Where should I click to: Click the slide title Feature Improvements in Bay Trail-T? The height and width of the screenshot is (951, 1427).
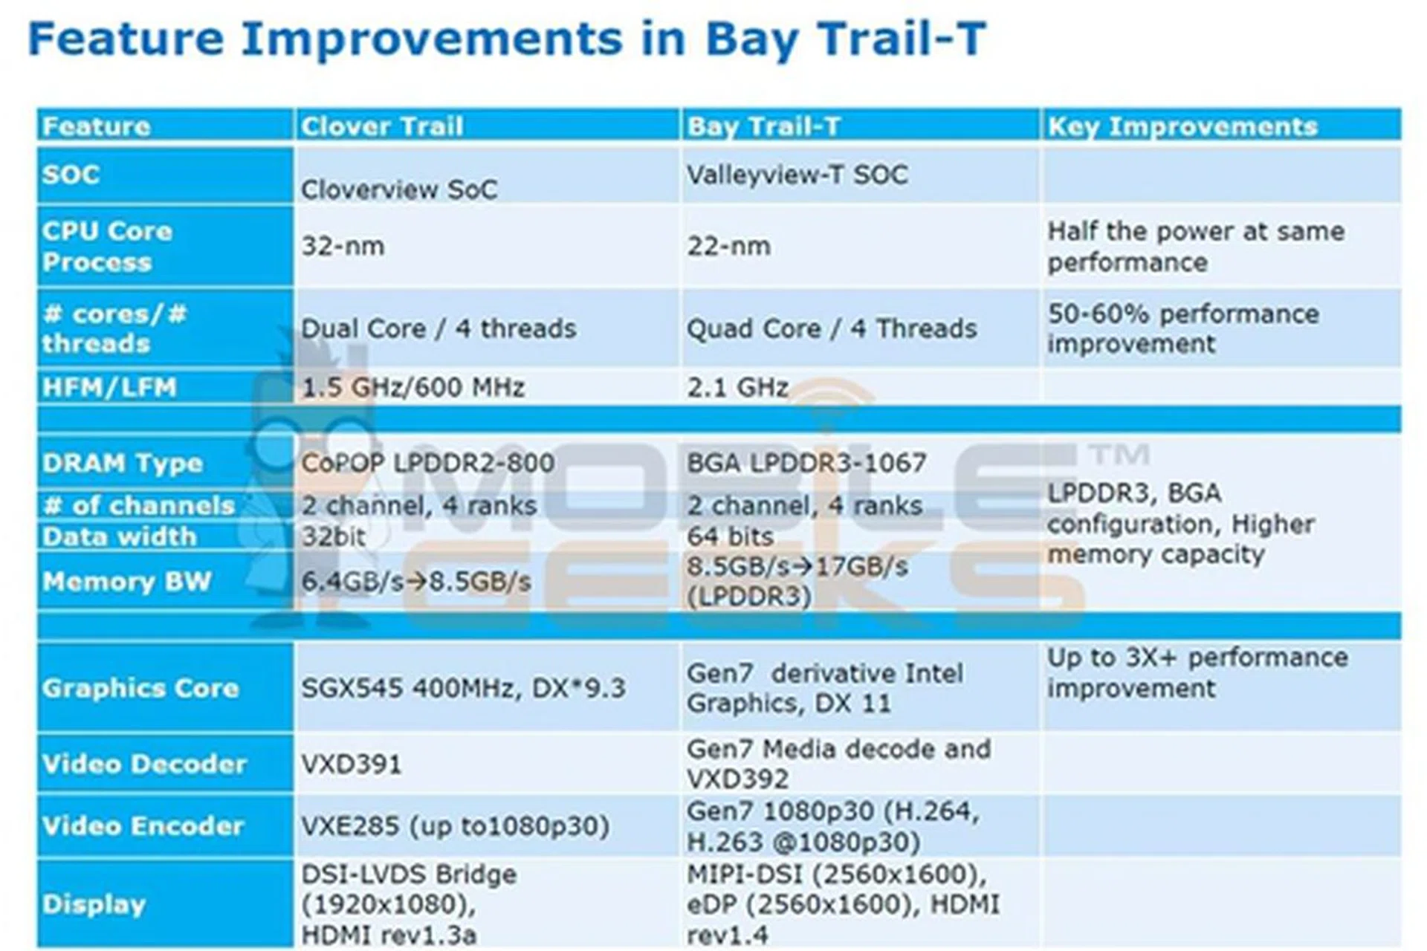tap(507, 39)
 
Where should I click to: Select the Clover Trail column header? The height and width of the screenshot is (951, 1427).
tap(382, 126)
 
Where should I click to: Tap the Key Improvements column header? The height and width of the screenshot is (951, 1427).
tap(1182, 127)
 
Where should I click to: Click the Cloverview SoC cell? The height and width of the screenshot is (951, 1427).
tap(399, 189)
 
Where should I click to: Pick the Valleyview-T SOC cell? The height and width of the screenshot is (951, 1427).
tap(797, 175)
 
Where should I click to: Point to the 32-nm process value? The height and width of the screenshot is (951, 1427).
tap(343, 246)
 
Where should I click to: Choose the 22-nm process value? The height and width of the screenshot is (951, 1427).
tap(728, 246)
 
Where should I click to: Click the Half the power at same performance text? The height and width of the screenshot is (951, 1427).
tap(1196, 246)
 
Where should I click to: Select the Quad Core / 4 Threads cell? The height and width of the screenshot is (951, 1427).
tap(832, 328)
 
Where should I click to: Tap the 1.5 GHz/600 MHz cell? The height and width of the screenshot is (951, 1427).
tap(412, 387)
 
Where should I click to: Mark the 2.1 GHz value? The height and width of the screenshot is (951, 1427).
tap(737, 387)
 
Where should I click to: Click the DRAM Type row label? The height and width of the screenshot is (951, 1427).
tap(123, 464)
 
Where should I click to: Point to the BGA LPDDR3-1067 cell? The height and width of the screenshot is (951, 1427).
tap(806, 463)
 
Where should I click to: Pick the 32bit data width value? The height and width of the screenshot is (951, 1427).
tap(333, 536)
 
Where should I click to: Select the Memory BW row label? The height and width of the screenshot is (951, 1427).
tap(127, 581)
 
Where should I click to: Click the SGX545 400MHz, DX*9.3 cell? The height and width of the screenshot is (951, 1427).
tap(463, 688)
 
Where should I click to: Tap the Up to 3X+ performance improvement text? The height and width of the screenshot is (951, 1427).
tap(1197, 672)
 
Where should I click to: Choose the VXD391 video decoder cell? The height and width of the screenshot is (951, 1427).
tap(351, 765)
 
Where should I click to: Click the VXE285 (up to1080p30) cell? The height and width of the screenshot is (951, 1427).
tap(455, 826)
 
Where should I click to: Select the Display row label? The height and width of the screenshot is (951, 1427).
tap(94, 904)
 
